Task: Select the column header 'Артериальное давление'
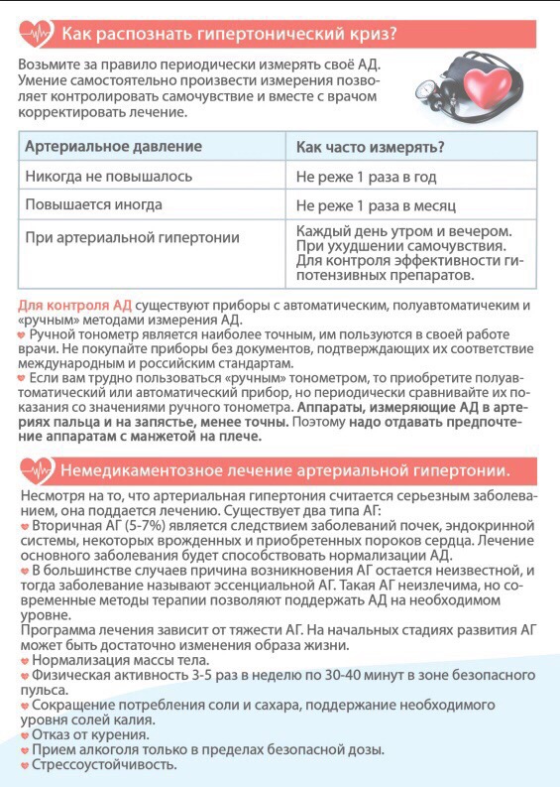(113, 147)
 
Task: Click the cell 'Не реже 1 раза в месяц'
(376, 206)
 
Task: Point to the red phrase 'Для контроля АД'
(74, 305)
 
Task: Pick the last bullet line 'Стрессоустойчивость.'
(104, 764)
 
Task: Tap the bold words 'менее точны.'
(244, 422)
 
